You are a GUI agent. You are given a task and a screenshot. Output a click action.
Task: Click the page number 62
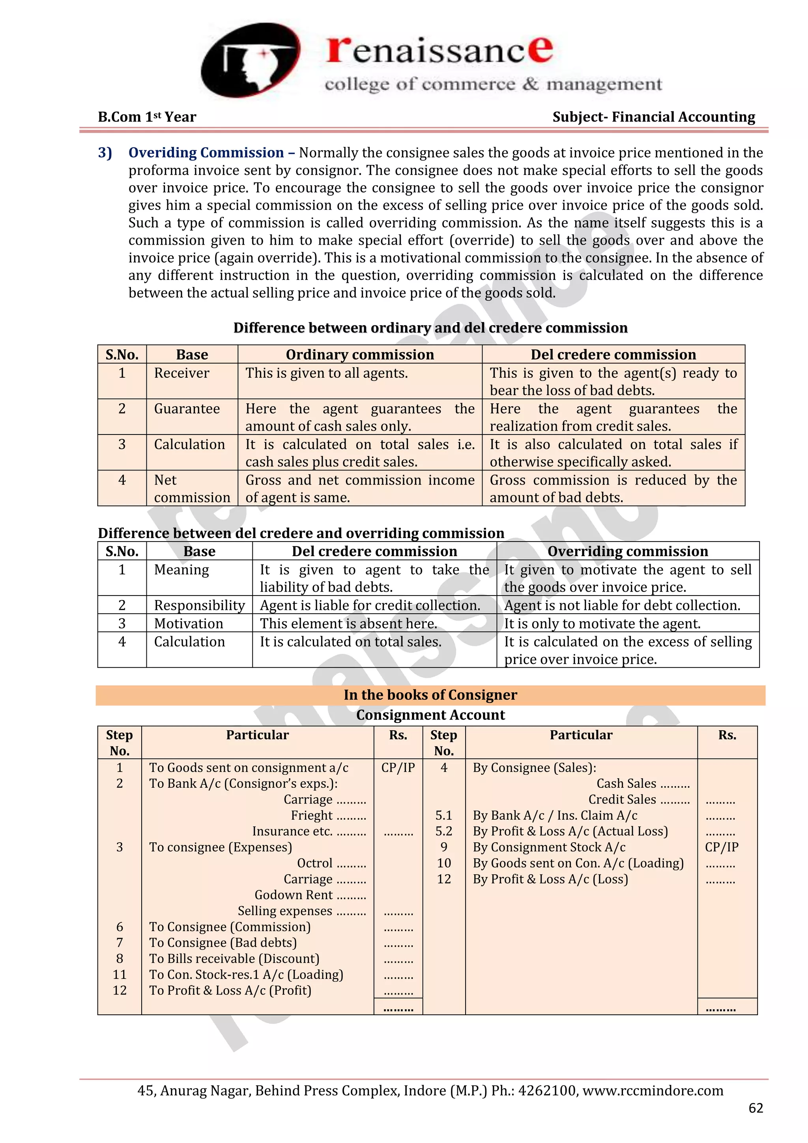(755, 1107)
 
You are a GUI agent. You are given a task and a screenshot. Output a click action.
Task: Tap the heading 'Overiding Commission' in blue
(206, 153)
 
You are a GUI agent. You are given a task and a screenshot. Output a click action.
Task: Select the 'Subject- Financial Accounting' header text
(653, 117)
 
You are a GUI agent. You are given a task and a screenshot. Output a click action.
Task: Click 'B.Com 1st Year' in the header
(147, 117)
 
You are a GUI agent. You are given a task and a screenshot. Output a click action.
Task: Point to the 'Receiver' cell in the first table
(181, 373)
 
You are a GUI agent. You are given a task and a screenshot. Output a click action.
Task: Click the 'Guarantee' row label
(187, 409)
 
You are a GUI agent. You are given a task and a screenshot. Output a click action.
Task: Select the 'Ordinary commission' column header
(360, 354)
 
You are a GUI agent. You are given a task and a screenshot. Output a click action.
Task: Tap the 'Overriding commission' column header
(627, 551)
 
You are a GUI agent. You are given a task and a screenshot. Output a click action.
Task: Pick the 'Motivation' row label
(189, 623)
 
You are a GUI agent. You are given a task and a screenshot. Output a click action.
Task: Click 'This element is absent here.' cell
(348, 623)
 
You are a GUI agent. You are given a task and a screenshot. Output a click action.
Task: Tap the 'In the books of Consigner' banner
(430, 695)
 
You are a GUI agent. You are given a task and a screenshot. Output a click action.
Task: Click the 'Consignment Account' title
(430, 715)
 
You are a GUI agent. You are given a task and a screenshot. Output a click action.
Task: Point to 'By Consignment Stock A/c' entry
(549, 847)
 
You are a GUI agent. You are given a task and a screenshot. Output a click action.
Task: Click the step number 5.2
(444, 831)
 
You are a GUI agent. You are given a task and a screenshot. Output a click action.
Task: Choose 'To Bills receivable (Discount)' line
(234, 958)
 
